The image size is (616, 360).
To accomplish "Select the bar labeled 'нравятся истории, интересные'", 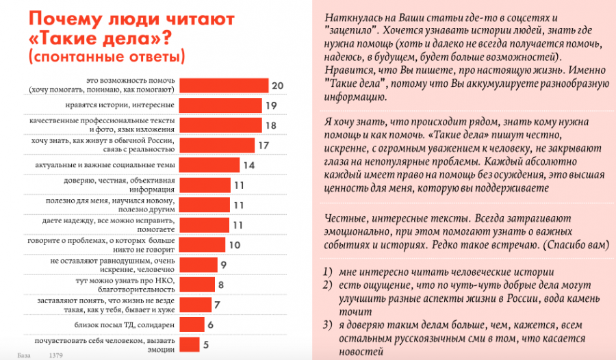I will coord(221,105).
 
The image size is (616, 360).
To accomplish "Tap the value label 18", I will coord(271,125).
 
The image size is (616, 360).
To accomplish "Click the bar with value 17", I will coord(217,145).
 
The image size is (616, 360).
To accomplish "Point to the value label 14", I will coord(249,165).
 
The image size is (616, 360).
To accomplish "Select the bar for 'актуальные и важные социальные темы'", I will coord(209,165).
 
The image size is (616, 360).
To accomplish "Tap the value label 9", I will coord(224,264).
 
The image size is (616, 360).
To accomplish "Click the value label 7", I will coord(216,304).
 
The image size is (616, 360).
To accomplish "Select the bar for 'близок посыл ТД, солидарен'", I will coord(191,324).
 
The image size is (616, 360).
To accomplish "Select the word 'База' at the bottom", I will coord(25,355).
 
